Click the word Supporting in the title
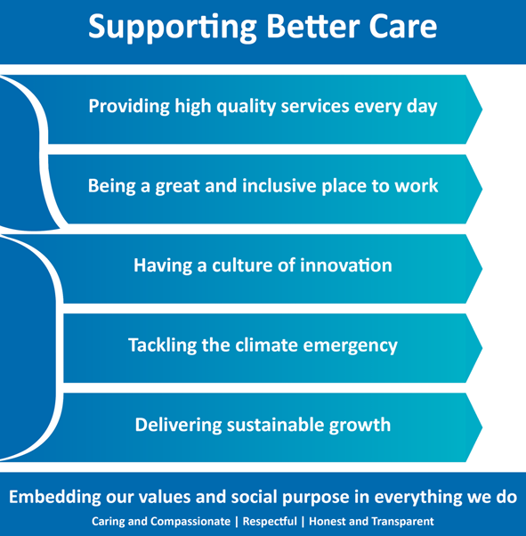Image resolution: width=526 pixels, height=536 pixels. pyautogui.click(x=173, y=28)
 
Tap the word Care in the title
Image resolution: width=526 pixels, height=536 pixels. pyautogui.click(x=403, y=27)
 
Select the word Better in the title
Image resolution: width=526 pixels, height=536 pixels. pyautogui.click(x=313, y=26)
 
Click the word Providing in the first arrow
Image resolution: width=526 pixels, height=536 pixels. pyautogui.click(x=129, y=106)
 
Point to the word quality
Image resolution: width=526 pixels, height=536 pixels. pyautogui.click(x=247, y=106)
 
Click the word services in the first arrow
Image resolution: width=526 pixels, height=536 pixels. pyautogui.click(x=315, y=106)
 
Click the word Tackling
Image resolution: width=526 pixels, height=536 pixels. pyautogui.click(x=162, y=345)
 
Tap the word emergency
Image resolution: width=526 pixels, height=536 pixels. pyautogui.click(x=351, y=346)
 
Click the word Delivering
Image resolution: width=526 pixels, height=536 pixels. pyautogui.click(x=178, y=425)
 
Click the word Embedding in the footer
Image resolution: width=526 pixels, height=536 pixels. pyautogui.click(x=54, y=497)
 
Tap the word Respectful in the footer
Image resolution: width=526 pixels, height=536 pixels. pyautogui.click(x=270, y=521)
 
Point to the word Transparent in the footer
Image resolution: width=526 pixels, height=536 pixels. pyautogui.click(x=402, y=522)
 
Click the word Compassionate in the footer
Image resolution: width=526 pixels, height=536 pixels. pyautogui.click(x=190, y=522)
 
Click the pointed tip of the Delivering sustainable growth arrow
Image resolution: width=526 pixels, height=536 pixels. pyautogui.click(x=481, y=427)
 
